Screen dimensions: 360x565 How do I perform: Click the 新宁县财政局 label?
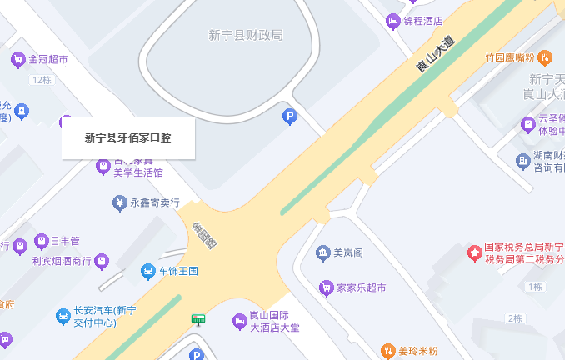pos(246,35)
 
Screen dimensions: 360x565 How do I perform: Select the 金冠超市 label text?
pos(48,60)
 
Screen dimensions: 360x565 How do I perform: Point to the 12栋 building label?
pos(42,80)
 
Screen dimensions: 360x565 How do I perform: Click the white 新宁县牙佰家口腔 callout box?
pos(128,138)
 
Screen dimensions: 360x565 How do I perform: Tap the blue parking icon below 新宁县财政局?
pos(290,117)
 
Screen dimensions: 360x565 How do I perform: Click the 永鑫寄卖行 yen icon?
pos(120,202)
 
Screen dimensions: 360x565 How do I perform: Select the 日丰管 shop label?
pos(65,242)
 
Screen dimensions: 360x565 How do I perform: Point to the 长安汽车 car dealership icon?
pos(62,316)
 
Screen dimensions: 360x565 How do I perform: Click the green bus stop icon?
pos(198,318)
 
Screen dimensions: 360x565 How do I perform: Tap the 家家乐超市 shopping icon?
pos(326,288)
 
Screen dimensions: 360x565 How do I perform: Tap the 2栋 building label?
pos(514,318)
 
